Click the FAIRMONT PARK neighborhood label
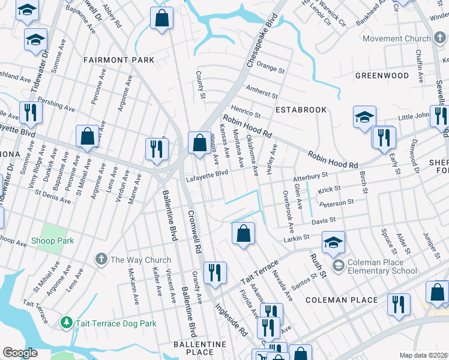(118, 60)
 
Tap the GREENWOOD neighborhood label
(382, 76)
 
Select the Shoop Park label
(53, 241)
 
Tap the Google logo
(20, 353)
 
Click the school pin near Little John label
(364, 116)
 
